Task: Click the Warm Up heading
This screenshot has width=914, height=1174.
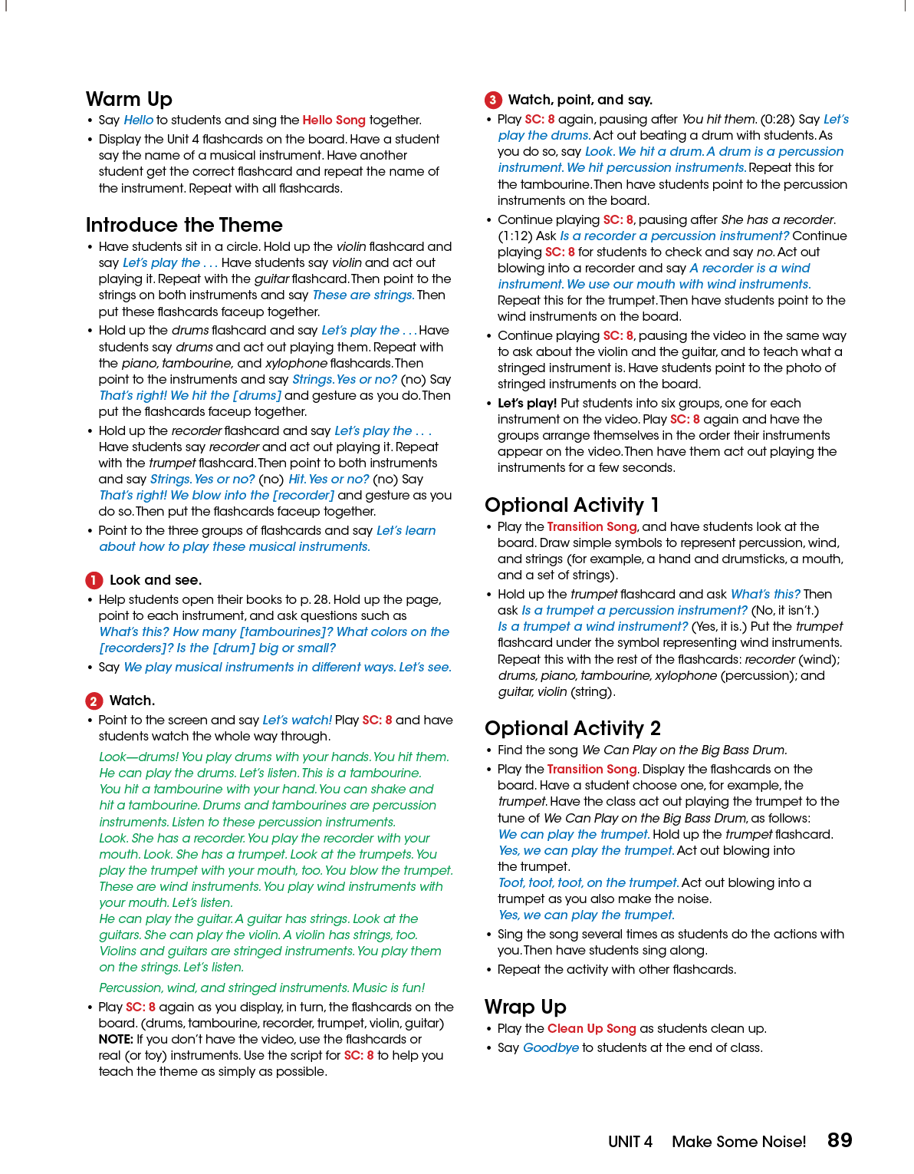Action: tap(129, 100)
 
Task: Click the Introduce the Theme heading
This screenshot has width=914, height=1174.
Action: tap(184, 226)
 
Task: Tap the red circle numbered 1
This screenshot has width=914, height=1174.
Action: tap(94, 580)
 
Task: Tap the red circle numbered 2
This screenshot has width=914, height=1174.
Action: tap(94, 701)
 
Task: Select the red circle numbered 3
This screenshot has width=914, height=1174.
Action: tap(493, 100)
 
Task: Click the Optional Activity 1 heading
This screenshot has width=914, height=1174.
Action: tap(571, 506)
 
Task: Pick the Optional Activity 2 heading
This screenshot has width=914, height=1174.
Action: tap(572, 729)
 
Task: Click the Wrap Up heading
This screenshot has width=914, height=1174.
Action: tap(525, 1007)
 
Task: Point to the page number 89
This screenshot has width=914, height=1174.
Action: tap(840, 1140)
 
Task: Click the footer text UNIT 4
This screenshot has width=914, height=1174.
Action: tap(630, 1142)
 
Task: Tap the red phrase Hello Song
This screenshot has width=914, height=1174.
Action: tap(334, 120)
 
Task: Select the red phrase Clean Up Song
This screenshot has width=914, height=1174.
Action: tap(591, 1029)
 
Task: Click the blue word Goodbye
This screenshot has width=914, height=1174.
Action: tap(551, 1048)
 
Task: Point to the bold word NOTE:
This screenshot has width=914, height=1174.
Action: tap(116, 1040)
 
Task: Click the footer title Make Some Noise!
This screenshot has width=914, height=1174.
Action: tap(738, 1142)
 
